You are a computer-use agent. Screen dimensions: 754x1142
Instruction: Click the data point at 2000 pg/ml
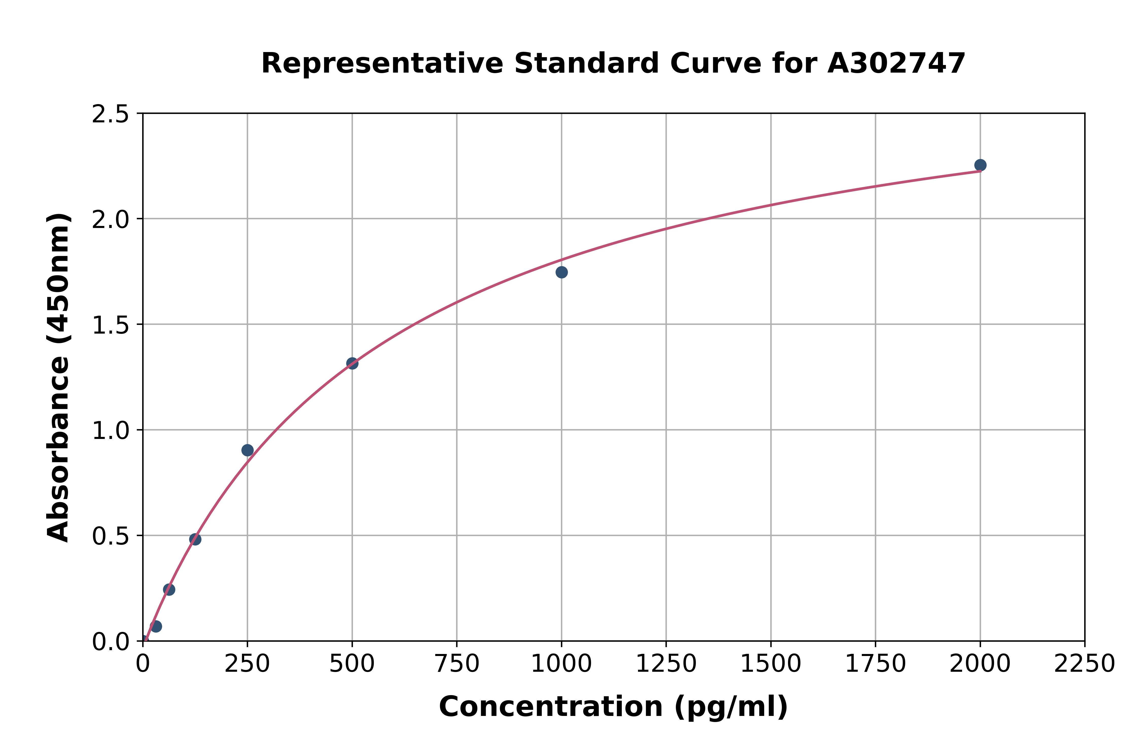980,165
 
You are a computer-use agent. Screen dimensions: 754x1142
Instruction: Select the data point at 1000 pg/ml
561,272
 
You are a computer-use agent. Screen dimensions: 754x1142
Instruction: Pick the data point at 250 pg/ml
247,450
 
